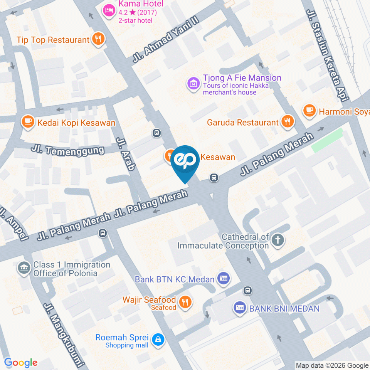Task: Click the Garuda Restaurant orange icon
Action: pyautogui.click(x=287, y=122)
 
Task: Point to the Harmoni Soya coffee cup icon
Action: pyautogui.click(x=309, y=111)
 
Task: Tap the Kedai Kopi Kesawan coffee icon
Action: pyautogui.click(x=27, y=122)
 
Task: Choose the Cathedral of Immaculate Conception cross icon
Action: pyautogui.click(x=277, y=240)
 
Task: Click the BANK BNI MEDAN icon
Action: pyautogui.click(x=240, y=308)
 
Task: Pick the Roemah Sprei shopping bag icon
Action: pyautogui.click(x=158, y=340)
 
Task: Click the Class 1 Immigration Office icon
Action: pyautogui.click(x=24, y=268)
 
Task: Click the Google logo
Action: pyautogui.click(x=21, y=362)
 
